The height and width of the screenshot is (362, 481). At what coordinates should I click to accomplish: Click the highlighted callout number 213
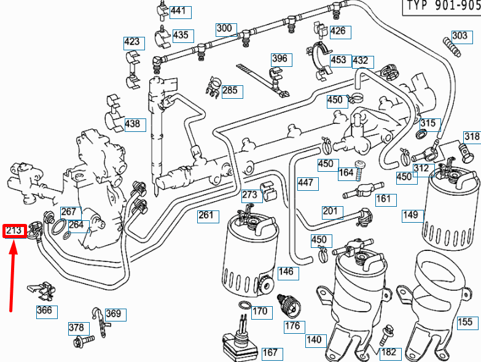[x=14, y=231]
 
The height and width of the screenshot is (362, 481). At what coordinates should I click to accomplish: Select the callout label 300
[x=225, y=28]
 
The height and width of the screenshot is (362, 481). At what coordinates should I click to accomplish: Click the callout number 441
[x=179, y=11]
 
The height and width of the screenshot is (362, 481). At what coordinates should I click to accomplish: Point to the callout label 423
[x=132, y=42]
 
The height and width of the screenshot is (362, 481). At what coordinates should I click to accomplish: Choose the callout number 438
[x=133, y=123]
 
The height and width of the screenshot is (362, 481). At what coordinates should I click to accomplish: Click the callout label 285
[x=230, y=91]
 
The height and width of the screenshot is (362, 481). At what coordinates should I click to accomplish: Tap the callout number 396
[x=280, y=59]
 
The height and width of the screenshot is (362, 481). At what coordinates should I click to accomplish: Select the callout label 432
[x=360, y=61]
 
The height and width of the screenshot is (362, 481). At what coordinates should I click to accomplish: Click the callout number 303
[x=459, y=35]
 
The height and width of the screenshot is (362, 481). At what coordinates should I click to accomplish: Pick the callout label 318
[x=472, y=136]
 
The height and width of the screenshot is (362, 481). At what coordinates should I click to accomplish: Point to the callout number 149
[x=410, y=215]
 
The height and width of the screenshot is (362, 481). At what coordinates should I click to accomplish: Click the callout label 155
[x=465, y=322]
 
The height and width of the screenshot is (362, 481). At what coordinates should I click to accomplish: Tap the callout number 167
[x=270, y=353]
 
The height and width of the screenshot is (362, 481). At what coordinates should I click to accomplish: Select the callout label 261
[x=206, y=215]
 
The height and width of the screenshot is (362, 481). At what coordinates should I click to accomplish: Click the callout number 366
[x=44, y=310]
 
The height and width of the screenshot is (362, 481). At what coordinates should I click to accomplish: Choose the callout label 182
[x=389, y=352]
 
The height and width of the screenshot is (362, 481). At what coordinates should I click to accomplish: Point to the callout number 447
[x=305, y=182]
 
